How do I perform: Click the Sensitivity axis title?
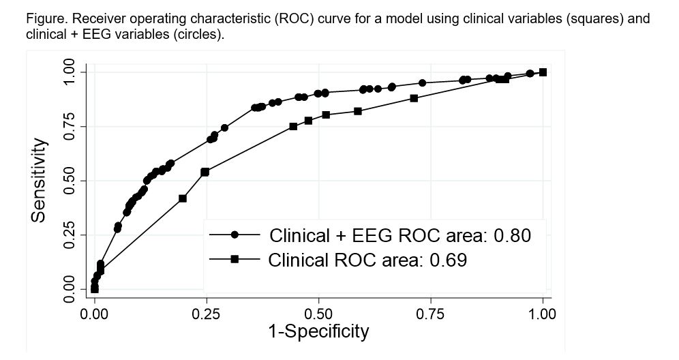click(x=40, y=180)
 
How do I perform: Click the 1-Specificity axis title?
click(x=319, y=332)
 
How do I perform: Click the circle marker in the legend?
click(x=235, y=235)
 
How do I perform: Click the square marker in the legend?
click(x=235, y=259)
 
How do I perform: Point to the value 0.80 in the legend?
click(x=512, y=236)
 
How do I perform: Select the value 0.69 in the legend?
click(x=448, y=260)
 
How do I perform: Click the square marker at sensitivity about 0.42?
click(x=183, y=198)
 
